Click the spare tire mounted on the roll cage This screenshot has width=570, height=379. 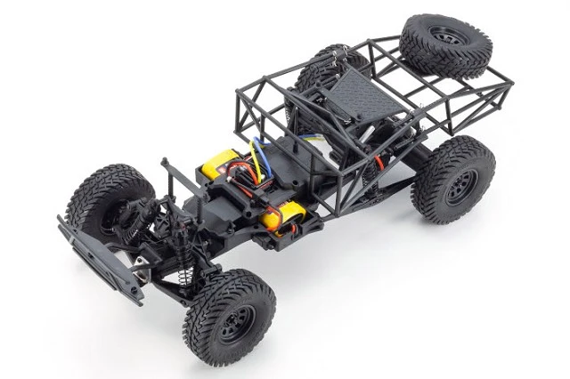click(443, 46)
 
